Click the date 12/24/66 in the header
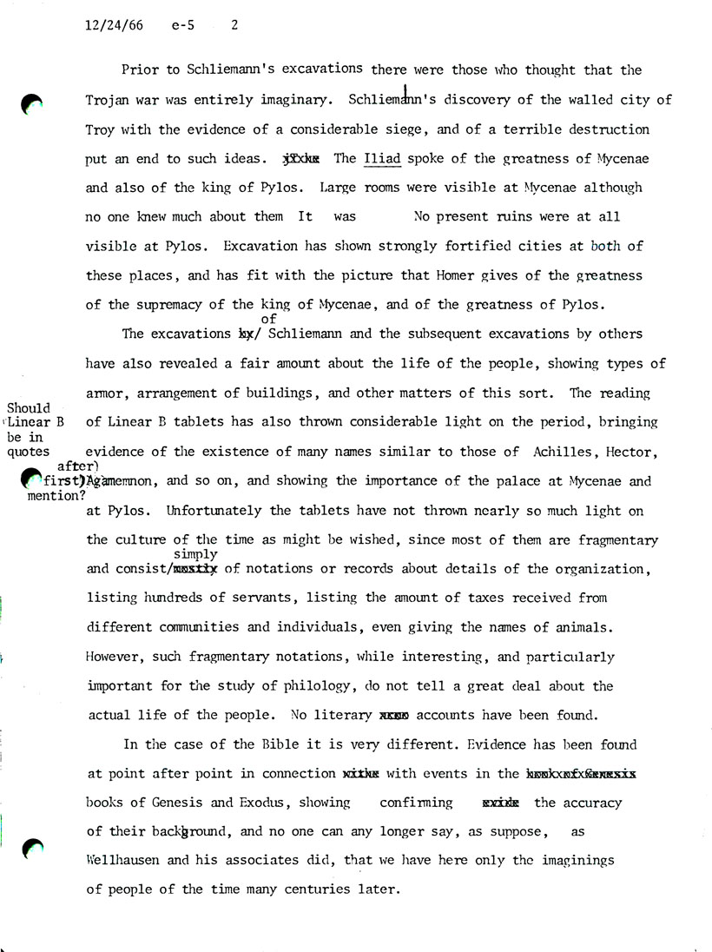pyautogui.click(x=115, y=26)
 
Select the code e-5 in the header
pyautogui.click(x=184, y=26)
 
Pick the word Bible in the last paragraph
pyautogui.click(x=260, y=744)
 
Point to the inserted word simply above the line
pyautogui.click(x=195, y=553)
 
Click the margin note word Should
pyautogui.click(x=29, y=408)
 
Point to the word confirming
pyautogui.click(x=416, y=803)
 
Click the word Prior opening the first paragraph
pyautogui.click(x=140, y=69)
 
